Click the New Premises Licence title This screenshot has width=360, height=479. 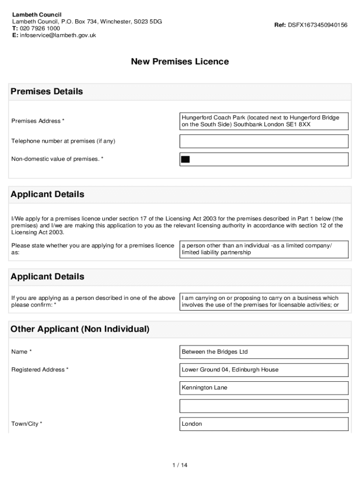[180, 62]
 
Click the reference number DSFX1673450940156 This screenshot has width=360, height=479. [317, 25]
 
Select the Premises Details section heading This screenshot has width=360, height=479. [47, 92]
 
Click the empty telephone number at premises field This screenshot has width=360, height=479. [264, 141]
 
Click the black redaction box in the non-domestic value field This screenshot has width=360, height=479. [185, 160]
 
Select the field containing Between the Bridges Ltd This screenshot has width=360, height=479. [264, 352]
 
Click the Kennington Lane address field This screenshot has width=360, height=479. [264, 388]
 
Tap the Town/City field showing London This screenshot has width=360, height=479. [264, 424]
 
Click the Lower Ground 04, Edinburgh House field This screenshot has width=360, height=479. [264, 370]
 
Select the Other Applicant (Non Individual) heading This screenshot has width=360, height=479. [80, 329]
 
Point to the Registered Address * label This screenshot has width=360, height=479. [40, 370]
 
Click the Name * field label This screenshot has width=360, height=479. [22, 352]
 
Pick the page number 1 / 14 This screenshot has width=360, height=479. [180, 465]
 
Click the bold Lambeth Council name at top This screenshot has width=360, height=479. [36, 15]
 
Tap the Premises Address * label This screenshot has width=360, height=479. [38, 121]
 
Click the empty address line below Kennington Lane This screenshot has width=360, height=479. [264, 406]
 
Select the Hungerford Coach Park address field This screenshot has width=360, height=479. [264, 121]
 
